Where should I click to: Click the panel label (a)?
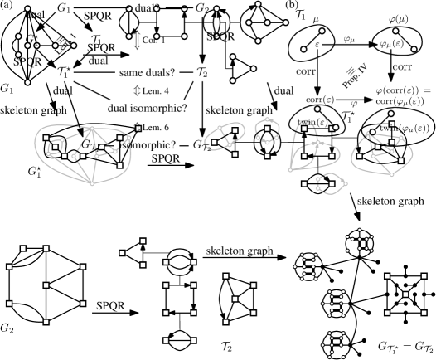(x=8, y=7)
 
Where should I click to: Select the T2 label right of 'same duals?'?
(x=202, y=74)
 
